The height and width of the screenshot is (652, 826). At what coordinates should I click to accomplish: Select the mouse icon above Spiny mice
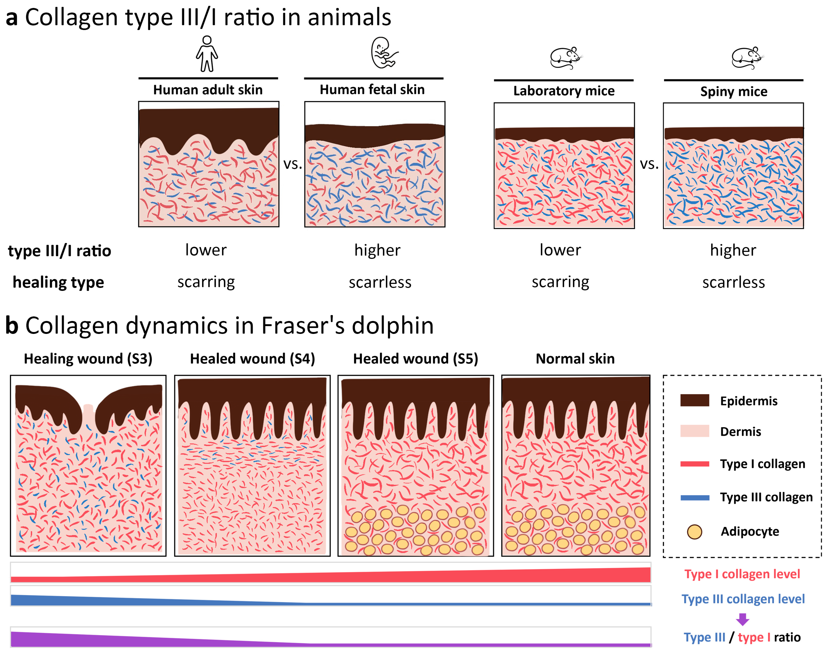747,58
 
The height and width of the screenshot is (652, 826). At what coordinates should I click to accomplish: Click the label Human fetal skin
372,89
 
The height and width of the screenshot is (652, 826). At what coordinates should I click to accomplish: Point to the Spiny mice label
733,92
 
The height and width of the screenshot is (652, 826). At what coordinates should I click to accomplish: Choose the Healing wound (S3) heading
88,359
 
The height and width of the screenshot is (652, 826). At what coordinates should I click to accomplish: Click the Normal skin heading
575,359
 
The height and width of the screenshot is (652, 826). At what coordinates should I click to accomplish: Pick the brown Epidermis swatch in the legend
694,400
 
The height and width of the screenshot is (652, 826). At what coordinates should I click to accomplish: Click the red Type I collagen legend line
694,464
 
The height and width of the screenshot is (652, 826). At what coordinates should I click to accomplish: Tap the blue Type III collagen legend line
694,497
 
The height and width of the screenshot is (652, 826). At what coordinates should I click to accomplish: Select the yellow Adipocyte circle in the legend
694,531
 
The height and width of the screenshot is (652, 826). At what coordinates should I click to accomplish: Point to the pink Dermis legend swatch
694,431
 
